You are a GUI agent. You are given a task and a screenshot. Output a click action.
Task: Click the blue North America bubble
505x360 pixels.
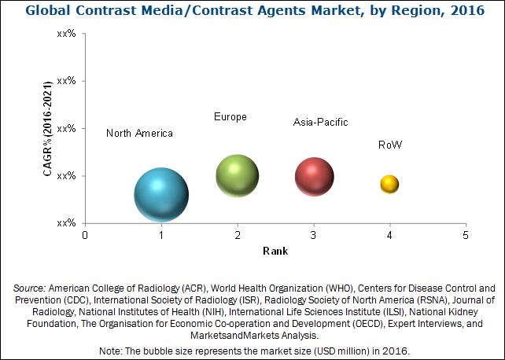pos(161,196)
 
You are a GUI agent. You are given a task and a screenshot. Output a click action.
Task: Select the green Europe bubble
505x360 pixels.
pos(238,175)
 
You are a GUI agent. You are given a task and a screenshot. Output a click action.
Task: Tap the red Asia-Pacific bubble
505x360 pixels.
pos(315,176)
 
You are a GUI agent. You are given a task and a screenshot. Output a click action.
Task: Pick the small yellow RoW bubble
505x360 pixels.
pos(389,184)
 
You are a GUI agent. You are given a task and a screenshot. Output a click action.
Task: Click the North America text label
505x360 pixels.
pos(139,134)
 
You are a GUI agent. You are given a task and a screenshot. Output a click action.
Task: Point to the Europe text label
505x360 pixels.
pos(230,117)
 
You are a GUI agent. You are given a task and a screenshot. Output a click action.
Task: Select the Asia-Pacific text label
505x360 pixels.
pos(320,123)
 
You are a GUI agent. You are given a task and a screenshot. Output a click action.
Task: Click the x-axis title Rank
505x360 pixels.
pos(275,252)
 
